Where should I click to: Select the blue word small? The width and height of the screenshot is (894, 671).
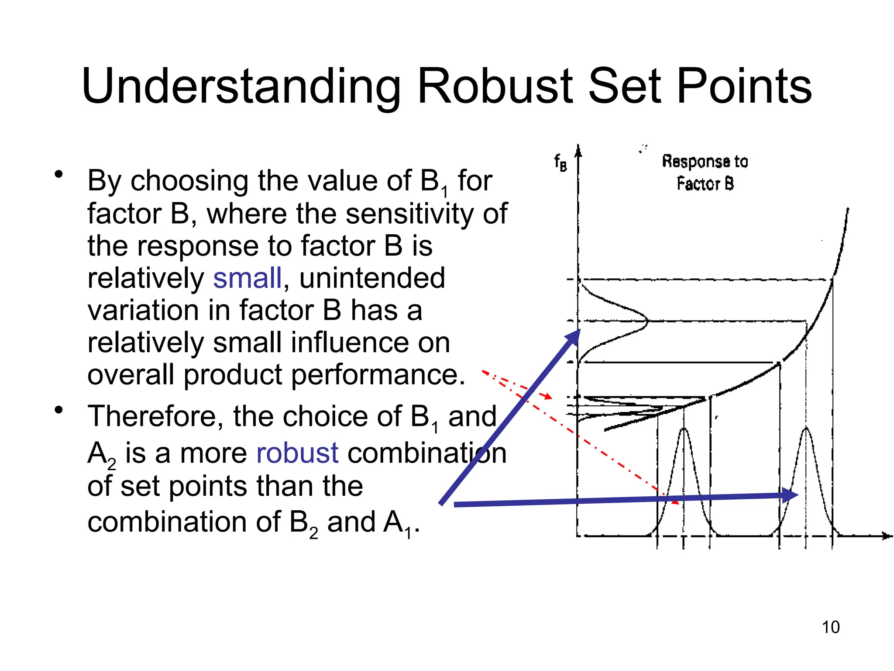[x=247, y=278]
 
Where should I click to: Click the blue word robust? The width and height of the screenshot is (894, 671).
[x=297, y=453]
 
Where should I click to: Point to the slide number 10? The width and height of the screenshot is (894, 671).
[x=830, y=627]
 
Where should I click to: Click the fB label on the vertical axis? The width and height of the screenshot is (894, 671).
[x=560, y=163]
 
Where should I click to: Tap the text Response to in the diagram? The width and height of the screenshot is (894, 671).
[x=705, y=161]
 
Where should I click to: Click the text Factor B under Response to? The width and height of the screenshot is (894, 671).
[x=705, y=183]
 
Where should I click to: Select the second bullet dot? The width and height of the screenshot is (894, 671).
[x=58, y=410]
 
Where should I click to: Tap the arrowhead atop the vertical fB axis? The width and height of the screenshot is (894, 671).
[x=578, y=150]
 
